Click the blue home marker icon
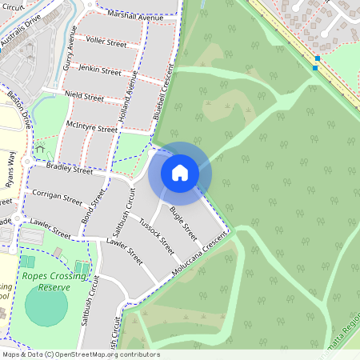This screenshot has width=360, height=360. [x=179, y=173]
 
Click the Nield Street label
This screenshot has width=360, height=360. [x=84, y=97]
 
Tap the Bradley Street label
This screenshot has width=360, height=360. [x=70, y=169]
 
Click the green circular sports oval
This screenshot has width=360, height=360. [x=46, y=306]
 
